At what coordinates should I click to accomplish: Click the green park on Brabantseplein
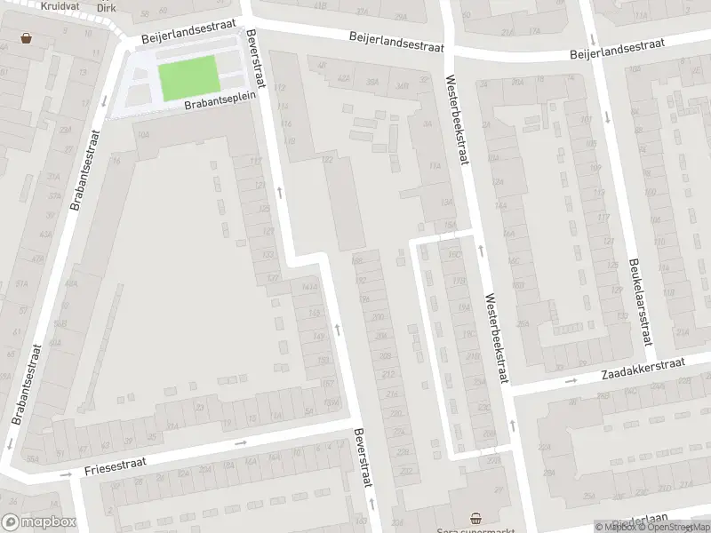point(188,77)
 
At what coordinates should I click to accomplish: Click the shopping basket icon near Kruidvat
point(27,38)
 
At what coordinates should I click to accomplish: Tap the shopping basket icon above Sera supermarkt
point(476,518)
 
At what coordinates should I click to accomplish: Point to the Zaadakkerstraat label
point(642,367)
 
